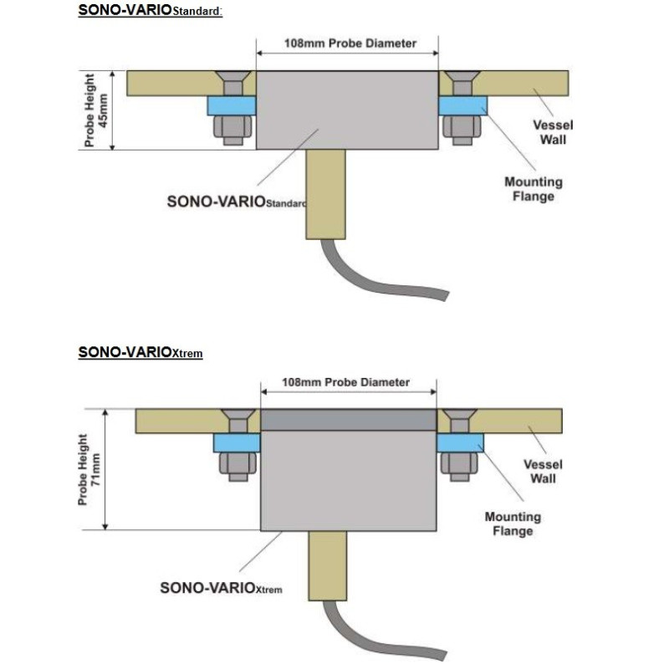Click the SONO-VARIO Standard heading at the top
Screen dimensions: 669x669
pyautogui.click(x=151, y=12)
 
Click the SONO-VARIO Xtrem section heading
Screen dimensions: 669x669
pyautogui.click(x=140, y=352)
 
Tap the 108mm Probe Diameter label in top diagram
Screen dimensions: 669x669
pyautogui.click(x=347, y=43)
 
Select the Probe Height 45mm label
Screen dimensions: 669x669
pyautogui.click(x=98, y=110)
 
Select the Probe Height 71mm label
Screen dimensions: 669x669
pyautogui.click(x=89, y=470)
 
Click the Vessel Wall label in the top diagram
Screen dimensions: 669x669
pyautogui.click(x=553, y=132)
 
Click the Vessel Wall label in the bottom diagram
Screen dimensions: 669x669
pyautogui.click(x=543, y=472)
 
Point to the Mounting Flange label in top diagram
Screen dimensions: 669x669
pyautogui.click(x=534, y=189)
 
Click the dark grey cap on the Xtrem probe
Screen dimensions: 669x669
pyautogui.click(x=349, y=419)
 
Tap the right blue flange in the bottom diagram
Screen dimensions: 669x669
pyautogui.click(x=459, y=443)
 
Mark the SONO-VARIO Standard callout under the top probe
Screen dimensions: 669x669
pyautogui.click(x=237, y=202)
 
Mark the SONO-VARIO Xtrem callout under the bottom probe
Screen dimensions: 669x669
pyautogui.click(x=221, y=588)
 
